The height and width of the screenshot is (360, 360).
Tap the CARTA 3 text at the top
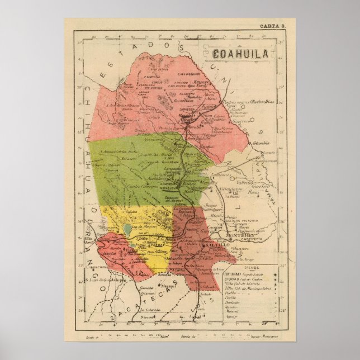click(x=273, y=26)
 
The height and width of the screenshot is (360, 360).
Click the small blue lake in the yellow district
click(x=128, y=229)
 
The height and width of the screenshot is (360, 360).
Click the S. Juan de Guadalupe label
click(x=102, y=280)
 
